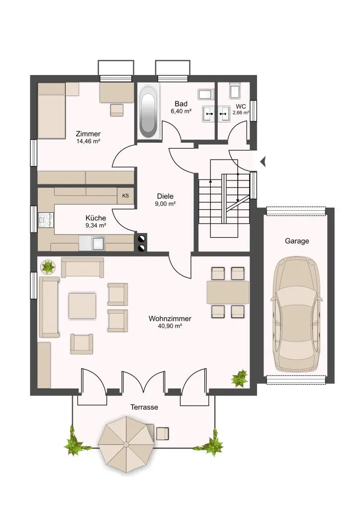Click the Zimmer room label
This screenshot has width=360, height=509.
tap(88, 134)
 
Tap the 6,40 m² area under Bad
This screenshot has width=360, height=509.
tap(181, 111)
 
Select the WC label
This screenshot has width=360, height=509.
tap(241, 106)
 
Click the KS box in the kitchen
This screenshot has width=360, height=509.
tap(125, 196)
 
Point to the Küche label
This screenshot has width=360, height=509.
tap(96, 218)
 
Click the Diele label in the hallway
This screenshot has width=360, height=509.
tap(165, 196)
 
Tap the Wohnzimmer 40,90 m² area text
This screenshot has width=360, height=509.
tap(170, 326)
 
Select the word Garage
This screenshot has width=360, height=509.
tap(297, 241)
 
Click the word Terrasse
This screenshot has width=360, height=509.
tap(144, 407)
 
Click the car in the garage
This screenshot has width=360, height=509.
tap(297, 314)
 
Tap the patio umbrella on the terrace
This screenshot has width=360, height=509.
tap(126, 444)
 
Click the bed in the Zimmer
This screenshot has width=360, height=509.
tap(52, 111)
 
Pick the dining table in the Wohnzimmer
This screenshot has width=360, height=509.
tap(228, 292)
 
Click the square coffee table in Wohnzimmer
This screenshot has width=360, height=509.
tap(82, 306)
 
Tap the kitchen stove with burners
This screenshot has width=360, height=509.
tap(46, 219)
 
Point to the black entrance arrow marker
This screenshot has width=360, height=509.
tap(263, 161)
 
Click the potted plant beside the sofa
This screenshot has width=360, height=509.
tap(48, 266)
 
